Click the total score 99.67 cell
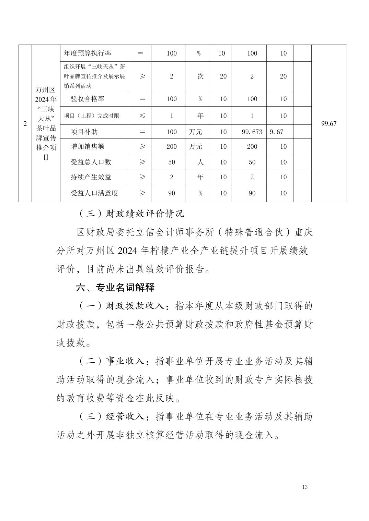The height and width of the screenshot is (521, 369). click(328, 124)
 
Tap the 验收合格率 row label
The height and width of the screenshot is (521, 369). click(87, 99)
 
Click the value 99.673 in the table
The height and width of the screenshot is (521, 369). click(252, 132)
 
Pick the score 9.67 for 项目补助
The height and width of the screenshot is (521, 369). click(276, 132)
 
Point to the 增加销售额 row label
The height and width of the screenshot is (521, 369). click(87, 147)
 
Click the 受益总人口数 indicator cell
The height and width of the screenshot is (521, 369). click(91, 162)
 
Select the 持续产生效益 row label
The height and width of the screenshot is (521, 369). click(91, 177)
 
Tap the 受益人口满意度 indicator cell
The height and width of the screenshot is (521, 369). click(94, 193)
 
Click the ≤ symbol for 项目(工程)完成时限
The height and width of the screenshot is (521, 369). click(142, 116)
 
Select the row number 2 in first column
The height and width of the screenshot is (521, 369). click(25, 124)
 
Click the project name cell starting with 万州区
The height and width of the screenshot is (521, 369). click(46, 124)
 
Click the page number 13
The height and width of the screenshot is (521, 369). click(305, 487)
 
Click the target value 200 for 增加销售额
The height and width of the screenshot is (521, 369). click(171, 147)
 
